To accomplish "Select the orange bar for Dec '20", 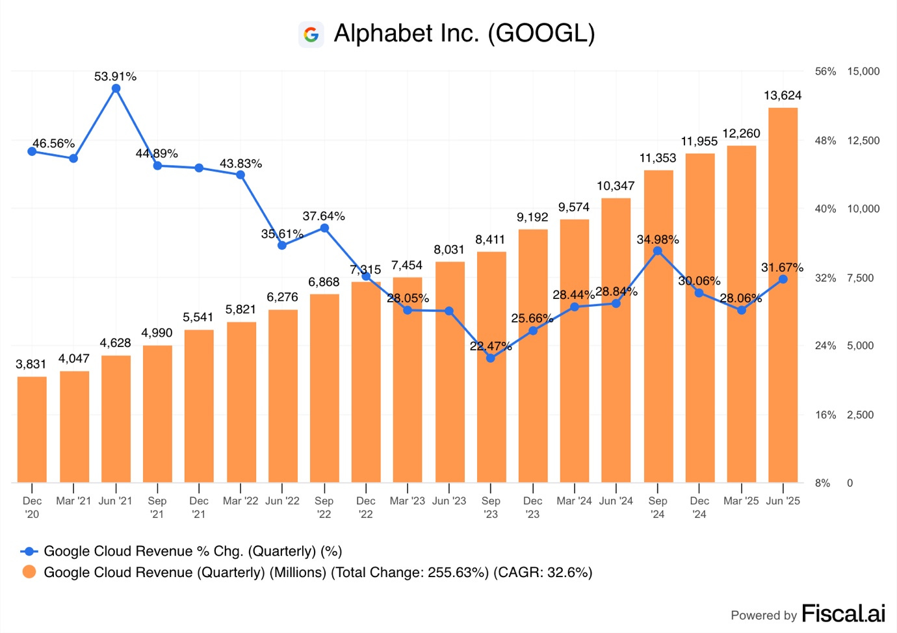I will point(32,430).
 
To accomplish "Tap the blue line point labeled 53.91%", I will point(116,88).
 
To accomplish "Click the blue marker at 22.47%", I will point(491,357).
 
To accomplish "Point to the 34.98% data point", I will point(658,251).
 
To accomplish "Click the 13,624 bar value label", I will point(783,96).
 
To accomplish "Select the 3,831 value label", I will point(31,364).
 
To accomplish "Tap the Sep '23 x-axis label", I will point(491,507).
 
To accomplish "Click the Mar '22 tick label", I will point(240,501).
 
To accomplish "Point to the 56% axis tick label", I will point(825,71).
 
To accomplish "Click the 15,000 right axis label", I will point(863,71).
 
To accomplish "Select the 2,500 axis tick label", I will point(860,415).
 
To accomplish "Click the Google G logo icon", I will point(311,34).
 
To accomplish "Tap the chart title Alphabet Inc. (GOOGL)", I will point(464,33).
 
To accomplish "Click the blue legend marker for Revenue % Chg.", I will point(29,551).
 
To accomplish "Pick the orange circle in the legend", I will point(29,572).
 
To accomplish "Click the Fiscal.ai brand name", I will point(843,614).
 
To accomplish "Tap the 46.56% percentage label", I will point(53,144).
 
